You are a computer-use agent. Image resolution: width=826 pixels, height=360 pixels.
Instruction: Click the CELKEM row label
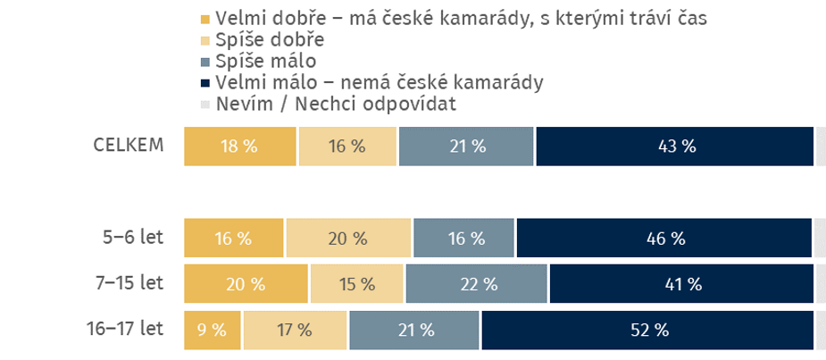(x=129, y=145)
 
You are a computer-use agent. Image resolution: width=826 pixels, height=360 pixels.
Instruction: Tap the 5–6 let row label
(x=133, y=238)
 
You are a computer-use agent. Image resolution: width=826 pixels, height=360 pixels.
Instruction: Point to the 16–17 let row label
(x=125, y=329)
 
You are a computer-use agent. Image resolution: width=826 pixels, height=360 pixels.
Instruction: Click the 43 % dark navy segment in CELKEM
(x=675, y=147)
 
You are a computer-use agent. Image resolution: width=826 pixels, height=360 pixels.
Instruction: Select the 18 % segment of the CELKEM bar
(x=240, y=147)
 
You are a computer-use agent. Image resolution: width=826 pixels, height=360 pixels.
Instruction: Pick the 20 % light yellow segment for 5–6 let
(x=348, y=239)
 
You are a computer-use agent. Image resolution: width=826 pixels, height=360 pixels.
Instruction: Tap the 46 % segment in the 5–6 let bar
(x=664, y=239)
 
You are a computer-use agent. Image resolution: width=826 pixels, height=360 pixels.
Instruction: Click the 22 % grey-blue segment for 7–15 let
(x=477, y=284)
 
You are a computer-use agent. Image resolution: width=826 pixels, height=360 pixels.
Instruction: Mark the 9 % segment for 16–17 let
(x=213, y=330)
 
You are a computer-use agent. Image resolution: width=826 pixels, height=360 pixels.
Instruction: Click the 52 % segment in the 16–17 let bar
(x=648, y=330)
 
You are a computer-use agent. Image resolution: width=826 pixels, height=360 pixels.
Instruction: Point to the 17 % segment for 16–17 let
(x=295, y=330)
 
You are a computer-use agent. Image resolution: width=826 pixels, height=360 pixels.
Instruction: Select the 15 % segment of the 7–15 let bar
(x=356, y=284)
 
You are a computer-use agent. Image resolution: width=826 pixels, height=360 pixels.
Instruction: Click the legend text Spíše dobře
(x=270, y=40)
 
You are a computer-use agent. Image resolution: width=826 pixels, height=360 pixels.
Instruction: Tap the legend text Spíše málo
(x=266, y=62)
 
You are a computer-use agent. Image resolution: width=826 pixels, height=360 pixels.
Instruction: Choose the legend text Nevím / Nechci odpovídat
(x=336, y=105)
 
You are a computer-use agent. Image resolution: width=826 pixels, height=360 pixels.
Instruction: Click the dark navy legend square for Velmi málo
(x=205, y=83)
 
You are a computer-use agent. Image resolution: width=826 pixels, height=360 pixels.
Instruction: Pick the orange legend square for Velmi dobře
(x=205, y=19)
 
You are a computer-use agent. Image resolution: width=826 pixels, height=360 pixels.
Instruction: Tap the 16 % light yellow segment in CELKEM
(x=347, y=147)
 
